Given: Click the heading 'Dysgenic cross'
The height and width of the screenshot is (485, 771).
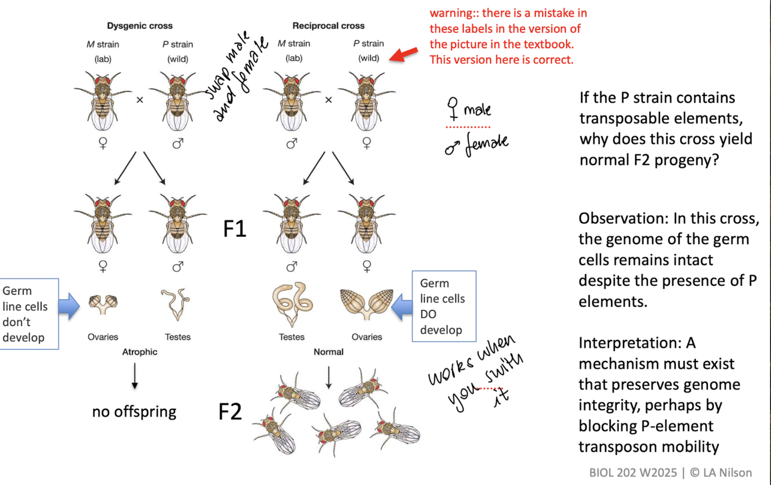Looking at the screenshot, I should point(140,26).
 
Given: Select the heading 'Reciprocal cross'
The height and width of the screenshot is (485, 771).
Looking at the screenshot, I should point(328,26).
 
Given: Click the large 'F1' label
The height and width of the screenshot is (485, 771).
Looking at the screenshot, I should point(235,230).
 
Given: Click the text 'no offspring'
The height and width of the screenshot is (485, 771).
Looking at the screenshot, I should point(134,412).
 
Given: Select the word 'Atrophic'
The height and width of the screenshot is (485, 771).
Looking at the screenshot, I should point(139,351).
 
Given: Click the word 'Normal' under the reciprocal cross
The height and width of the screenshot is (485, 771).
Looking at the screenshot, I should point(328,351).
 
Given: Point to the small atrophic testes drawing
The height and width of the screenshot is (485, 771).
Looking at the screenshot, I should point(177,304).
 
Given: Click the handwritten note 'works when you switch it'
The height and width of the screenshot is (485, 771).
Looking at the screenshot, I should point(474,375).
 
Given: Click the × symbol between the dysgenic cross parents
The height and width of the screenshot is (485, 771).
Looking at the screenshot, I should point(139,99).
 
